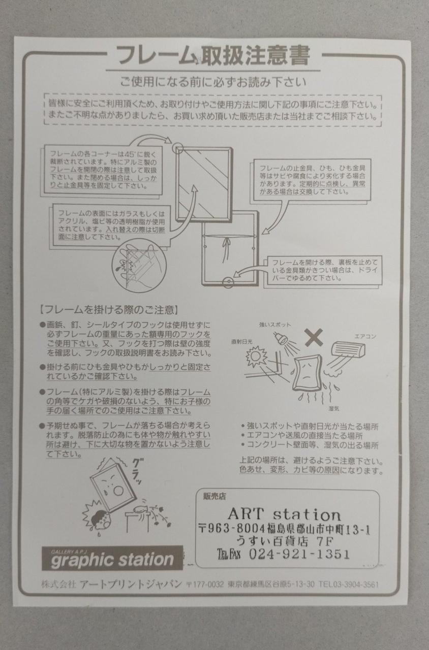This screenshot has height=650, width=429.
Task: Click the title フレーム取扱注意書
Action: click(213, 55)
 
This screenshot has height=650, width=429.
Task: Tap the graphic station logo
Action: click(112, 558)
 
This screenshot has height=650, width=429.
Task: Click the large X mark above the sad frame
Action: click(314, 338)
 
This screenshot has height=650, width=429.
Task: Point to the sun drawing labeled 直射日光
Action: click(257, 356)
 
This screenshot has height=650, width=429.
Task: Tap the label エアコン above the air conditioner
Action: click(365, 337)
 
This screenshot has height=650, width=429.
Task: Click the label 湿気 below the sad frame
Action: click(334, 409)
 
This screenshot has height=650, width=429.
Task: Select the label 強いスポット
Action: click(275, 324)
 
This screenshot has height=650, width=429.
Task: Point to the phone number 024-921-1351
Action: click(299, 554)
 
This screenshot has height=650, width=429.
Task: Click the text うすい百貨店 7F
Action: click(285, 541)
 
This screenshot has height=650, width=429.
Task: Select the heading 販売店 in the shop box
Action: click(214, 497)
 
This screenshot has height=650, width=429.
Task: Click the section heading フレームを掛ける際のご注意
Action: click(108, 310)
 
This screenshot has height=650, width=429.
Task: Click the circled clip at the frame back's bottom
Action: click(228, 282)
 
